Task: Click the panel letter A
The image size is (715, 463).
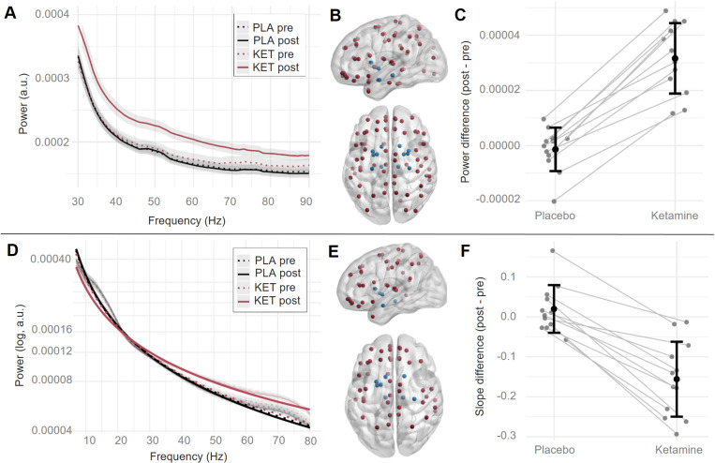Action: point(9,13)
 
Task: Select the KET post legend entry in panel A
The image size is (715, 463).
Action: point(268,67)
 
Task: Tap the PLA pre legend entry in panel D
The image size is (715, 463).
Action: point(267,261)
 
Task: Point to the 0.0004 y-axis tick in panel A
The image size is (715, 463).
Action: point(52,15)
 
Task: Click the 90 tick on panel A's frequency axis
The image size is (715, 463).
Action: point(306,202)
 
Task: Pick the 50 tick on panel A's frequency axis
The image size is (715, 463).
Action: point(154,202)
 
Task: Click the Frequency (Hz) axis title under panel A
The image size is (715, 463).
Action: point(187,221)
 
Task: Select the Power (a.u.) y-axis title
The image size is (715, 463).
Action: point(22,103)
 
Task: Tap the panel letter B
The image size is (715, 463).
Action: point(335,16)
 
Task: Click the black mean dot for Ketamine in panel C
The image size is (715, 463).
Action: point(675,58)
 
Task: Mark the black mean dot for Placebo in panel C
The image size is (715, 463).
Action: point(555,149)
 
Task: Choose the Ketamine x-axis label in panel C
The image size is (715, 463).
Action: point(675,216)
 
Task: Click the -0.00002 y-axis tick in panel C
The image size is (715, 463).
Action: point(498,199)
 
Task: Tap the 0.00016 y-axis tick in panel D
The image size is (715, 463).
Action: point(51,329)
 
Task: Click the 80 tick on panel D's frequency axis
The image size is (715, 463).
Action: point(310,441)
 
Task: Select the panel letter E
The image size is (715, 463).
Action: point(334,251)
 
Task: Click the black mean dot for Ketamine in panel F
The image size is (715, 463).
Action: point(677,379)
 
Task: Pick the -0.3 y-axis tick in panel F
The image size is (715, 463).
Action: point(510,436)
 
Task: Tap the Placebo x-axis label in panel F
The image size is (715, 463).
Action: point(555,450)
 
